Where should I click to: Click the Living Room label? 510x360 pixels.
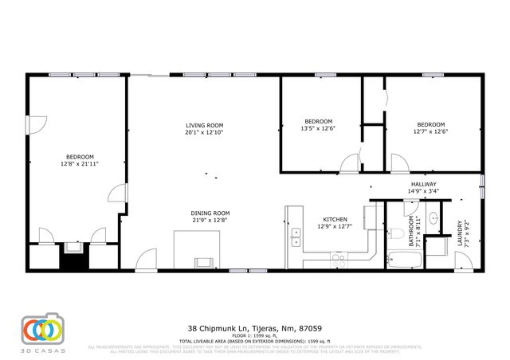204,126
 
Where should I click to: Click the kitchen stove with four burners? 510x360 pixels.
338,258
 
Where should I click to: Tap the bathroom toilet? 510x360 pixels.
396,233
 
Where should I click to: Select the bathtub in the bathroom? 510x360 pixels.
399,259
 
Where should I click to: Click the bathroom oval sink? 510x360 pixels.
434,217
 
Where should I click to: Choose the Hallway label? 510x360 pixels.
422,184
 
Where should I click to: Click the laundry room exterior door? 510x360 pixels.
462,260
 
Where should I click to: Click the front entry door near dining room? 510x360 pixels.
146,260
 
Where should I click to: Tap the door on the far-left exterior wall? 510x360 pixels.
34,126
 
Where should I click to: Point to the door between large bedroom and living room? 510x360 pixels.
117,194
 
